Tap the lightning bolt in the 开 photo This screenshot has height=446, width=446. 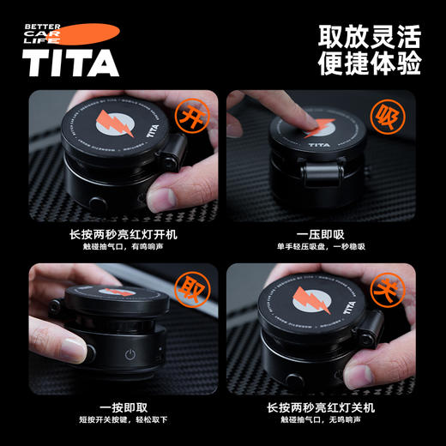(111, 129)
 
